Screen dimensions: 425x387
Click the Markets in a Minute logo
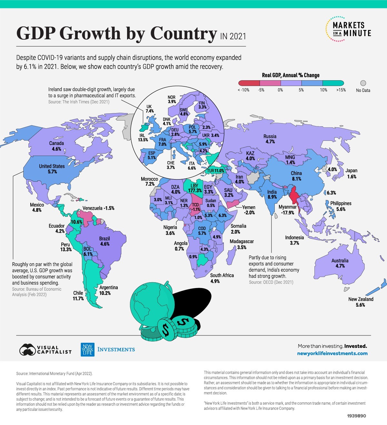(348, 29)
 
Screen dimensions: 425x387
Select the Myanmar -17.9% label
(287, 210)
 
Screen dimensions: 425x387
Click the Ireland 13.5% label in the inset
(143, 138)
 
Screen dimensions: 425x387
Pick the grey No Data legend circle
(363, 83)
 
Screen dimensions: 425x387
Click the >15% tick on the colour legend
(341, 90)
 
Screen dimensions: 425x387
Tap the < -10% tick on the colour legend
(243, 90)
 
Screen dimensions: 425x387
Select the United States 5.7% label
(52, 169)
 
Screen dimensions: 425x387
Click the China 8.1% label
(296, 176)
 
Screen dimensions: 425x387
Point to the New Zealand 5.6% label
(361, 302)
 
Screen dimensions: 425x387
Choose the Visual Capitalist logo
(45, 350)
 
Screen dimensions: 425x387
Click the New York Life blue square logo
(87, 350)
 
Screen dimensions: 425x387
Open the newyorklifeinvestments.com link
(332, 353)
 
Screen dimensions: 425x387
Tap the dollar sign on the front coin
(166, 329)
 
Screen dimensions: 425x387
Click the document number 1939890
(356, 416)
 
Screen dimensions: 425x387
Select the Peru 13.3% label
(66, 247)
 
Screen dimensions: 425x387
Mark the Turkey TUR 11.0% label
(215, 170)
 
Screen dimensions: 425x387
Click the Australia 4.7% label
(340, 263)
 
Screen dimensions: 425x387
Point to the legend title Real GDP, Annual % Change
(291, 75)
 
